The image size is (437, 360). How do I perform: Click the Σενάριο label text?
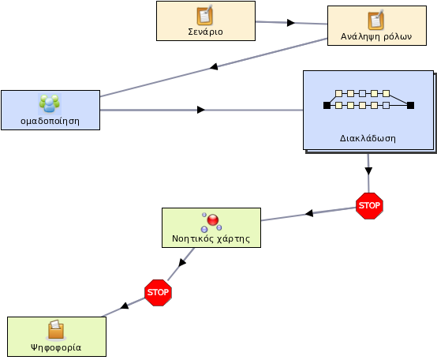pos(205,32)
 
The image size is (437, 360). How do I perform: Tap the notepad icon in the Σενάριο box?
pos(205,15)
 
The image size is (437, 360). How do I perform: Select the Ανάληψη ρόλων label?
pos(376,36)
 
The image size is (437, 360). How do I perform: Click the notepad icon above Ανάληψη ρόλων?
pos(376,20)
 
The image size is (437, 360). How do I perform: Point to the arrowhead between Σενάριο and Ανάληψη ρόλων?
pos(291,23)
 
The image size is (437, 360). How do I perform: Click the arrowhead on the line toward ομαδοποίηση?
pos(214,66)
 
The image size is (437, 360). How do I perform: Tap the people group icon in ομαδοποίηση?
pos(50,103)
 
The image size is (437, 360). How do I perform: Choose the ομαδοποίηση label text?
pos(50,122)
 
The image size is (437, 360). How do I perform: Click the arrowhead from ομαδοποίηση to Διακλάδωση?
pos(201,110)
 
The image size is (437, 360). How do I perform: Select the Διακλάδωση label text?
pos(368,138)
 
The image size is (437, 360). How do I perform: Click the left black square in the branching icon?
pos(327,106)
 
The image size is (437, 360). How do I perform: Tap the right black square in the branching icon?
pos(410,106)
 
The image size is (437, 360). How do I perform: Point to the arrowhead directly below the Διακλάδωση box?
pos(368,171)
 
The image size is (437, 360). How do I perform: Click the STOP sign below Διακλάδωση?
pos(369,206)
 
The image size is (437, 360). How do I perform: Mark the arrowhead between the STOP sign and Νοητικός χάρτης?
pos(309,213)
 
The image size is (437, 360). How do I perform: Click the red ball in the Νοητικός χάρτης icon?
pos(213,220)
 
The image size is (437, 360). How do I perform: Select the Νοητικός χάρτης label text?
pos(211,239)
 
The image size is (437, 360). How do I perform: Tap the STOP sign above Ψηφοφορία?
pos(158,293)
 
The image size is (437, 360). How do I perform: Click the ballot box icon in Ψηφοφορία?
pos(56,330)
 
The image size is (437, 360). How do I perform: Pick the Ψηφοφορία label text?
pos(56,347)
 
